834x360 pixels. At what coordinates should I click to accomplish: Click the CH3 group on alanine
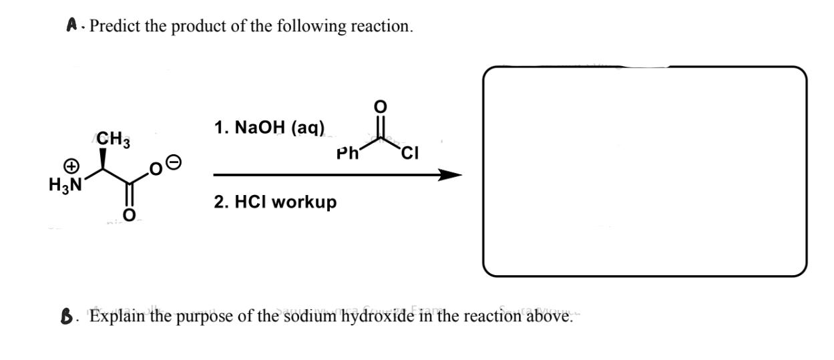115,140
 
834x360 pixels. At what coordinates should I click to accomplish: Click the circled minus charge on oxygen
172,162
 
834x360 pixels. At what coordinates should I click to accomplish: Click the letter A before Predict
71,26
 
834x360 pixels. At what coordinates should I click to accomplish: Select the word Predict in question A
113,27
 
